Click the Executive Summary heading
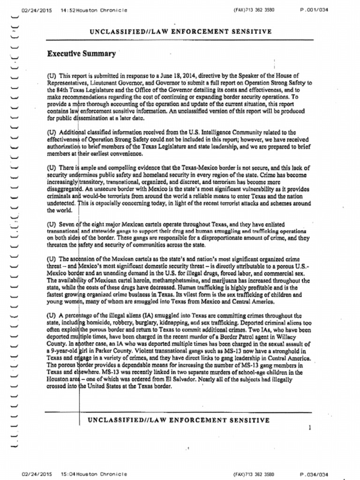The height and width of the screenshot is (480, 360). pyautogui.click(x=81, y=53)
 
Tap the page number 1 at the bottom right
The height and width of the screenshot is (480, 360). pyautogui.click(x=310, y=427)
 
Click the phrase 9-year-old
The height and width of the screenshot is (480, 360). pyautogui.click(x=63, y=351)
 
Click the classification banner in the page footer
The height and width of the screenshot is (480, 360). pyautogui.click(x=179, y=420)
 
